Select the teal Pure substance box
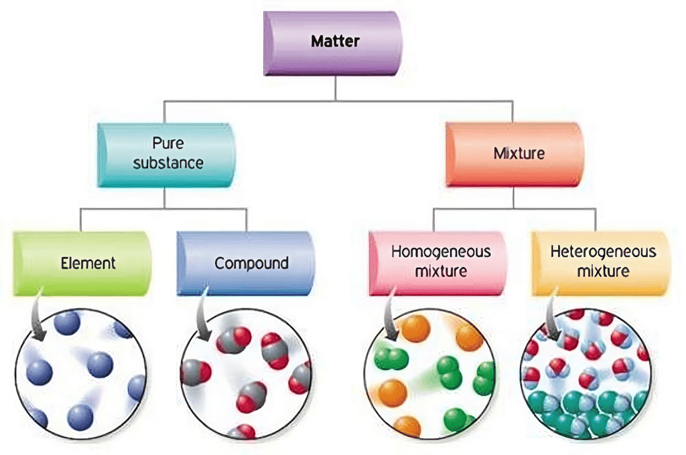167,154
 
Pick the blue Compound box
246,263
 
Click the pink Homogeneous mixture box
440,262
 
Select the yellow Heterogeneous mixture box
601,262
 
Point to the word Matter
336,41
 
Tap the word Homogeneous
441,253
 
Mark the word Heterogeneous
603,253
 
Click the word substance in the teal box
167,163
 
